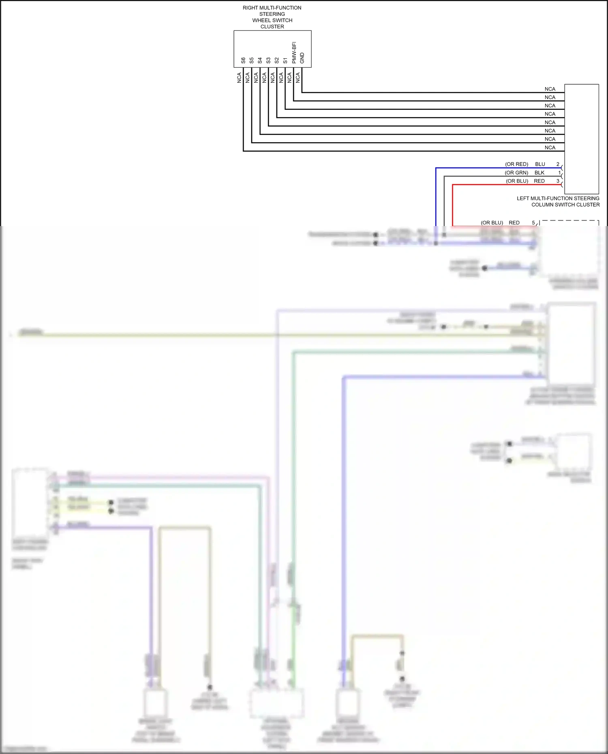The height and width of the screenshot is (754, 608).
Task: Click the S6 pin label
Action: (x=243, y=60)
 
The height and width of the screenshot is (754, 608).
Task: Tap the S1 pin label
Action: (x=285, y=60)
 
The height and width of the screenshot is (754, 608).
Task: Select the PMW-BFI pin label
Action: (x=294, y=53)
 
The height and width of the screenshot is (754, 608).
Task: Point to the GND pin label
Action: (x=302, y=58)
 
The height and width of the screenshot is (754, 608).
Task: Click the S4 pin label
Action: (x=260, y=60)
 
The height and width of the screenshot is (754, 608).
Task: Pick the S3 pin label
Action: (x=268, y=60)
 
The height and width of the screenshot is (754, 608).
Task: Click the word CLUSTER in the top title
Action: (x=272, y=27)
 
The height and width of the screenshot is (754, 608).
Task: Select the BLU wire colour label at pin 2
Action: (x=540, y=164)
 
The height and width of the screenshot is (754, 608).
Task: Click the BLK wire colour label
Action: (x=539, y=173)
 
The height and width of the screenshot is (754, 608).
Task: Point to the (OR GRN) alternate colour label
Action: (x=516, y=173)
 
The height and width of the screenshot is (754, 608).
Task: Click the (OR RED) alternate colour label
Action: (x=516, y=164)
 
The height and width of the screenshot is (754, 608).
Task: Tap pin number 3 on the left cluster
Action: (x=558, y=181)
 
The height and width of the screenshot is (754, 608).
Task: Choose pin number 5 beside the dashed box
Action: (x=533, y=223)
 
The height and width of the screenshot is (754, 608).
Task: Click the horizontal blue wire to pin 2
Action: (x=499, y=168)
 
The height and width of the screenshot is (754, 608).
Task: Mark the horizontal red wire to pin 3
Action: (x=507, y=185)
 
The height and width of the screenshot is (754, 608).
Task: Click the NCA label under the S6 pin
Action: (x=239, y=78)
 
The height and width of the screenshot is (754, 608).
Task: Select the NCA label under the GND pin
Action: (x=298, y=78)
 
